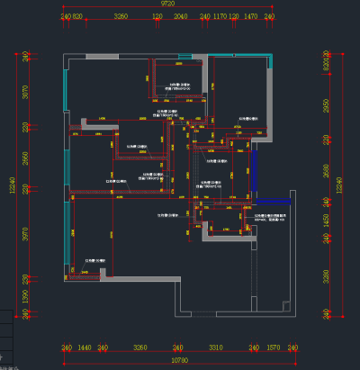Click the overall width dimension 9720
[x=167, y=5]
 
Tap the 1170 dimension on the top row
[x=219, y=17]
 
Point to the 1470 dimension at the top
[x=251, y=17]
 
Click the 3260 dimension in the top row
[x=122, y=17]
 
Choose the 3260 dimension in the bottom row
[x=139, y=347]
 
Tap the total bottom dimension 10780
[x=180, y=359]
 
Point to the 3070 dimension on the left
[x=25, y=92]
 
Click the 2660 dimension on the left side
[x=25, y=158]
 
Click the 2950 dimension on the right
[x=327, y=106]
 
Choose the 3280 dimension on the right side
[x=327, y=274]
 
